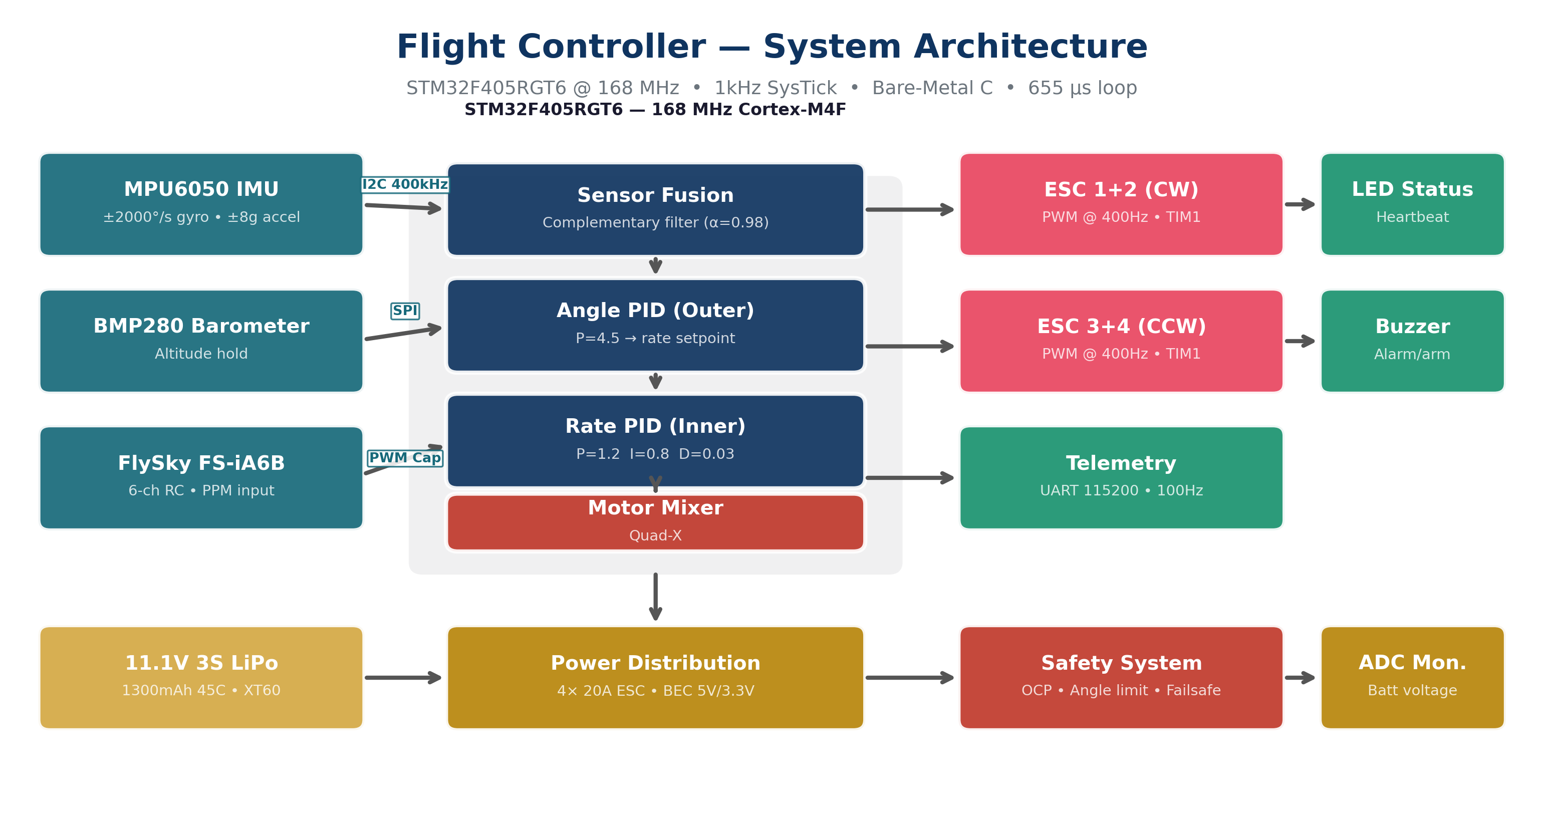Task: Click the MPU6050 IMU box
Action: click(201, 204)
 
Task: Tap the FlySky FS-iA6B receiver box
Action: click(201, 477)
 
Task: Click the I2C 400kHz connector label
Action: click(405, 184)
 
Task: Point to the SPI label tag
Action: click(405, 311)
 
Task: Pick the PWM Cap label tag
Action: click(405, 458)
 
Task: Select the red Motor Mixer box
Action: click(655, 522)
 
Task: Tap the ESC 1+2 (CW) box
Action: click(1121, 204)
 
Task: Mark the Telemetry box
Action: click(1121, 477)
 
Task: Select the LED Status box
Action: click(1412, 204)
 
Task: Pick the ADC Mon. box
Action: click(1412, 677)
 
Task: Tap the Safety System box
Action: click(1121, 677)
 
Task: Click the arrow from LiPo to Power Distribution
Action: click(403, 678)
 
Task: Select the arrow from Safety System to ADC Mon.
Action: click(1300, 678)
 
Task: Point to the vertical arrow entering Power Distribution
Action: click(655, 596)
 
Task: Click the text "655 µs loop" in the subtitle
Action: click(1082, 88)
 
